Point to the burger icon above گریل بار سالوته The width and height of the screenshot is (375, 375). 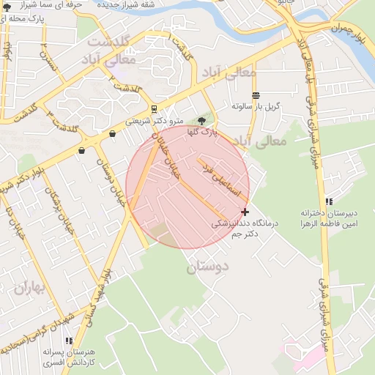[256, 96]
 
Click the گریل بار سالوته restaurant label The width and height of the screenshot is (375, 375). [256, 107]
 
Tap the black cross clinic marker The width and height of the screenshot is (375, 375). [245, 212]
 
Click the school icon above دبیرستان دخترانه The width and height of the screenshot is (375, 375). [330, 201]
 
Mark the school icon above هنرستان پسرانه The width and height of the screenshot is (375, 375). [69, 341]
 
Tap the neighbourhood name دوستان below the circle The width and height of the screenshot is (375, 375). [207, 267]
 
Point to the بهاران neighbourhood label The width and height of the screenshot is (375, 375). [29, 288]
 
